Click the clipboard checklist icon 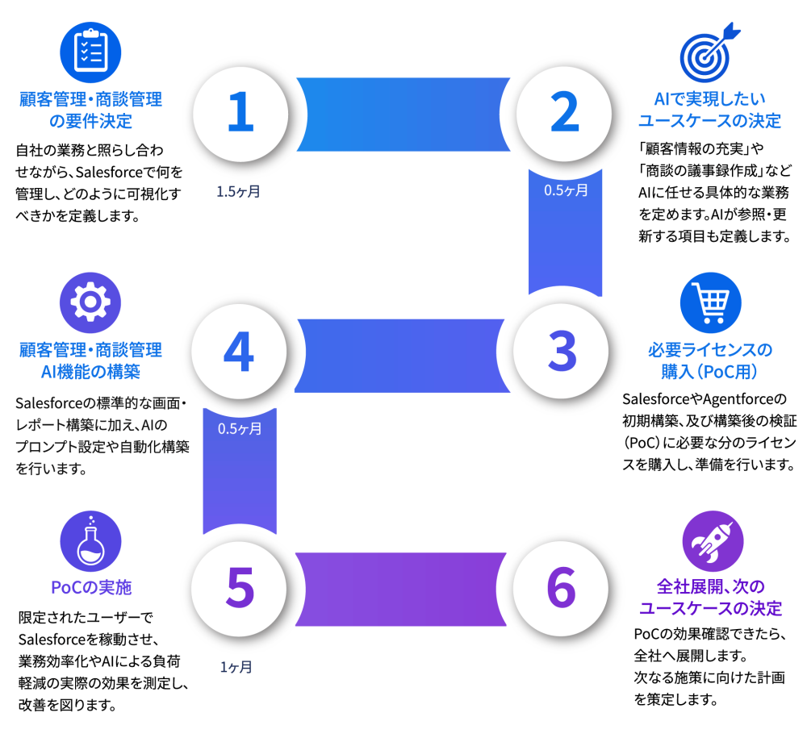click(90, 52)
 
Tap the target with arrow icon click(709, 53)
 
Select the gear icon click(90, 303)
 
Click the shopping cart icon click(711, 303)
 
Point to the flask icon click(90, 541)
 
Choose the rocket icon click(713, 541)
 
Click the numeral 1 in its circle click(240, 111)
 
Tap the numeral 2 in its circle click(565, 111)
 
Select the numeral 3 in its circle click(562, 351)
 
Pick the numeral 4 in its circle click(239, 351)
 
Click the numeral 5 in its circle click(240, 587)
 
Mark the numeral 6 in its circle click(561, 587)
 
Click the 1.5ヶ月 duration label click(238, 192)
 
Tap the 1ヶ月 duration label click(236, 667)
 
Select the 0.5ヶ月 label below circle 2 click(567, 190)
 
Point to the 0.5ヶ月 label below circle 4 click(240, 429)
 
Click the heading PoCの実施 click(91, 587)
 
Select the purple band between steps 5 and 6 click(401, 590)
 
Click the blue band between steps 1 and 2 click(403, 115)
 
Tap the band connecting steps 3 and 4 click(402, 356)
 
